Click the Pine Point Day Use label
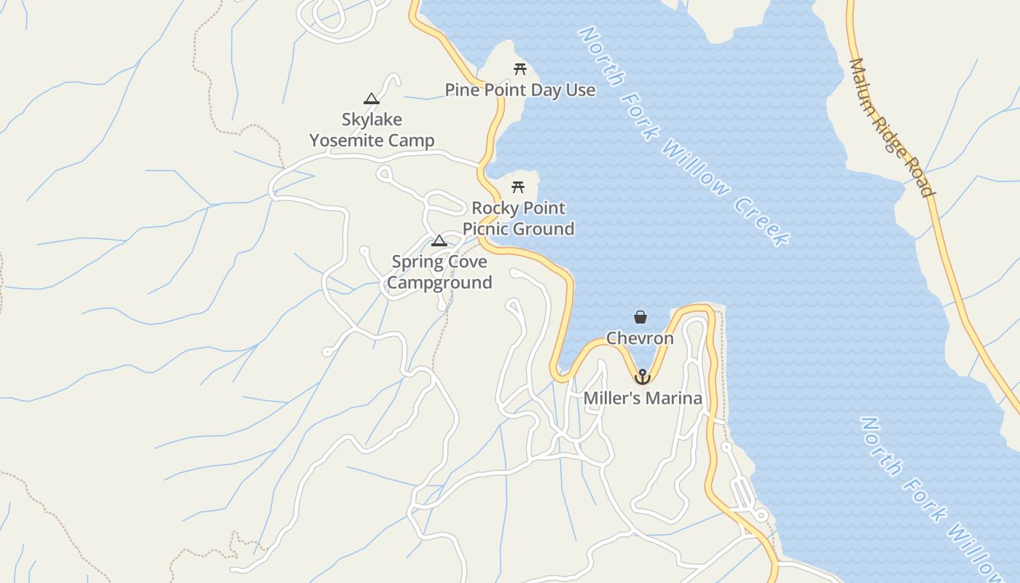pyautogui.click(x=520, y=90)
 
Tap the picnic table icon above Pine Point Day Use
pyautogui.click(x=520, y=69)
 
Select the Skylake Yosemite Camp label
pyautogui.click(x=372, y=130)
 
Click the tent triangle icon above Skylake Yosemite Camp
pyautogui.click(x=372, y=99)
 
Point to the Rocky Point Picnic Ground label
pyautogui.click(x=519, y=219)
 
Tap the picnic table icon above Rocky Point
pyautogui.click(x=518, y=187)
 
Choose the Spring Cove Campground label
pyautogui.click(x=439, y=272)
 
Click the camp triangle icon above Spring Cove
pyautogui.click(x=439, y=241)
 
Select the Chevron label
pyautogui.click(x=640, y=339)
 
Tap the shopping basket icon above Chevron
pyautogui.click(x=640, y=317)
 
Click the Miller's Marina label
pyautogui.click(x=643, y=399)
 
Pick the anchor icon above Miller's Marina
pyautogui.click(x=642, y=377)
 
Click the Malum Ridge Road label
pyautogui.click(x=891, y=128)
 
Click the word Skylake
pyautogui.click(x=372, y=120)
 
